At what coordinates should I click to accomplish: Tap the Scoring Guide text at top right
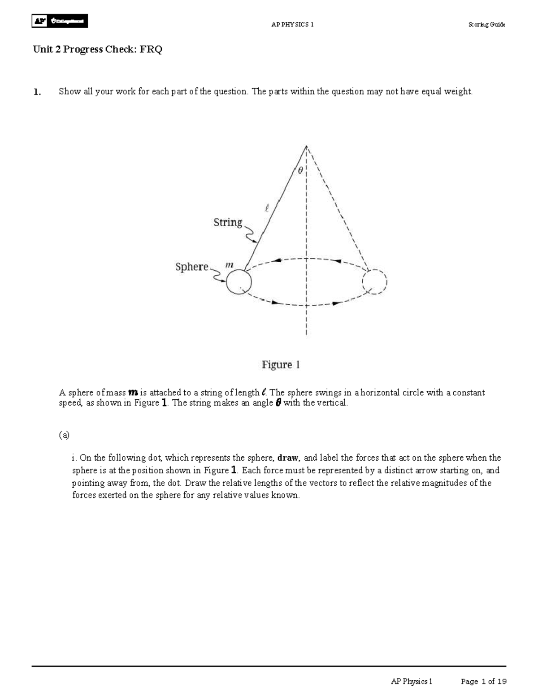(x=486, y=25)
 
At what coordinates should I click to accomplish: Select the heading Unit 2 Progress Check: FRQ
(x=97, y=50)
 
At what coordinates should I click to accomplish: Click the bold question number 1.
(x=37, y=92)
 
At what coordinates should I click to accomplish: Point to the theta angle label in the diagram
(x=300, y=170)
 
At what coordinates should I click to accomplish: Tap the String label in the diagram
(x=228, y=222)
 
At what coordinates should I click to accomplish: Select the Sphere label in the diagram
(x=192, y=267)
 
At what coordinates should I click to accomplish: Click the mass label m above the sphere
(x=229, y=265)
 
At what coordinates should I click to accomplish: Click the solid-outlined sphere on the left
(x=239, y=282)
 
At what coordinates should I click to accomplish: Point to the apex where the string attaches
(x=306, y=146)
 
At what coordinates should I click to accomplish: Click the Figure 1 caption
(x=281, y=365)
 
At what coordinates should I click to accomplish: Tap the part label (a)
(x=64, y=435)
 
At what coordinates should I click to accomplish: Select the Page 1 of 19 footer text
(x=484, y=682)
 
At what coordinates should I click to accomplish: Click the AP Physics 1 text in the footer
(x=412, y=682)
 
